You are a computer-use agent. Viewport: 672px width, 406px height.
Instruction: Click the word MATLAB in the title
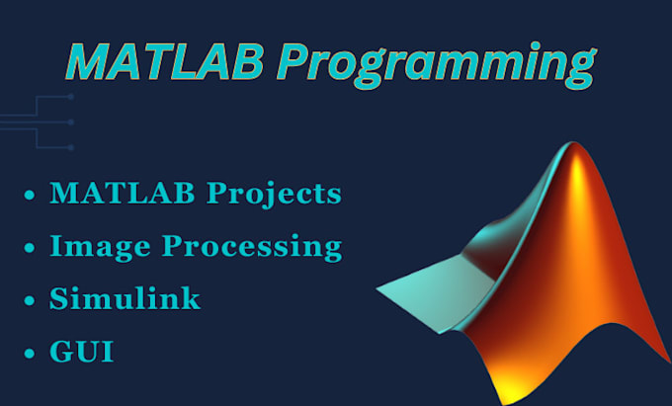coord(164,61)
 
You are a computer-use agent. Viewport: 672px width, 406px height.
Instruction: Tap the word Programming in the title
coord(436,65)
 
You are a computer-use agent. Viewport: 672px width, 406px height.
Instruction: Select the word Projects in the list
coord(275,195)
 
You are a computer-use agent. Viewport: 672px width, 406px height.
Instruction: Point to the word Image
coord(100,248)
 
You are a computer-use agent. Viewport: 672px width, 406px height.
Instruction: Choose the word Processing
coord(252,248)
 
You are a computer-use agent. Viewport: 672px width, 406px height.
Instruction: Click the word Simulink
coord(125,298)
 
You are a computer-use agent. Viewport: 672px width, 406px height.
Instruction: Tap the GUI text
coord(82,352)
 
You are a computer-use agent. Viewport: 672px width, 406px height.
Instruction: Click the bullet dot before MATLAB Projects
coord(30,196)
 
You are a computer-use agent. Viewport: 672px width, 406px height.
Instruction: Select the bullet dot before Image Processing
coord(30,248)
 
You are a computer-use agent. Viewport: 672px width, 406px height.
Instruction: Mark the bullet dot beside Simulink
coord(30,300)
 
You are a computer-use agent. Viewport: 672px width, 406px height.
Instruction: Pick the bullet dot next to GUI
coord(30,354)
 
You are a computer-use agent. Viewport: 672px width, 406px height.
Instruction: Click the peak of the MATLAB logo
coord(573,144)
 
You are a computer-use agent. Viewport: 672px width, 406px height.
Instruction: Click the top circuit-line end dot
coord(71,97)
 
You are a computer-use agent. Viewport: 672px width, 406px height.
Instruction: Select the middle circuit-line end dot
coord(71,122)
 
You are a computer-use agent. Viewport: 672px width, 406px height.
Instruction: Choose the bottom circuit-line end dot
coord(71,148)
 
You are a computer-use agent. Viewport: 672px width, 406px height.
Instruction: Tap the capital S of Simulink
coord(59,298)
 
